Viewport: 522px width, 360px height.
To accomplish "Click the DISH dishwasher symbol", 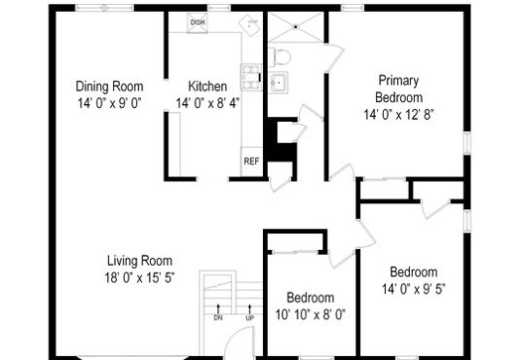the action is click(198, 22).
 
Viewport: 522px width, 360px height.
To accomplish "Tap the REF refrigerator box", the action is click(251, 162).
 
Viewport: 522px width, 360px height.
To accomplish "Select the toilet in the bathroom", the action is click(280, 56).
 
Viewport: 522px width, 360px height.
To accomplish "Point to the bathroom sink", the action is click(279, 82).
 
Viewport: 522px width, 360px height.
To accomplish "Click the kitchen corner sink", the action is click(249, 24).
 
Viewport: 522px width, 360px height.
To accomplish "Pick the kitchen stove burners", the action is click(251, 77).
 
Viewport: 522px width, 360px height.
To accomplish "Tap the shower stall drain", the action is click(296, 26).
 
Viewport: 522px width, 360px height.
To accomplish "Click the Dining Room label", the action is click(109, 87).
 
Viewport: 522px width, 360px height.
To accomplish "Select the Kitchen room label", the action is click(207, 87).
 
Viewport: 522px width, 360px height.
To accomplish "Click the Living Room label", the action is click(140, 261).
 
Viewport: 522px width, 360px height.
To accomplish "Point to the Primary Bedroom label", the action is click(399, 89).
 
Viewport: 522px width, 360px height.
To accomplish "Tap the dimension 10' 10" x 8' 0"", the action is click(311, 314).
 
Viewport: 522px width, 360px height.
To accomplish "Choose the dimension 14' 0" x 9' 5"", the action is click(414, 289).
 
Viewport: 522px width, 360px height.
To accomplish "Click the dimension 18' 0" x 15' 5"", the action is click(139, 277).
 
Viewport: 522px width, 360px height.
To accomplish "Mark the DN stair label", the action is click(218, 318).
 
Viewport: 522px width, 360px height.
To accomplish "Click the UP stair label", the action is click(249, 318).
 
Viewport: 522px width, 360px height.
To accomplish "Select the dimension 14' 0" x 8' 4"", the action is click(207, 103).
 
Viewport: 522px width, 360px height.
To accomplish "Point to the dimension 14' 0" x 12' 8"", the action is click(399, 115).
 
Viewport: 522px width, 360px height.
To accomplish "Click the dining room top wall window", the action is click(104, 8).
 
